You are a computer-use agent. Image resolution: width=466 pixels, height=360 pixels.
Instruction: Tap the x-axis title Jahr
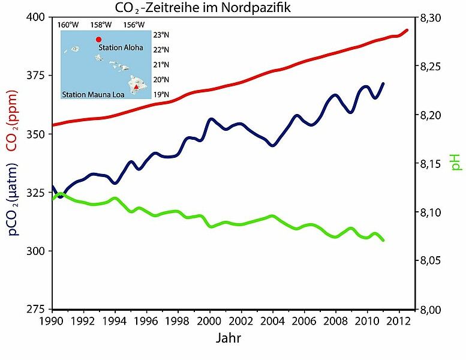[229, 339]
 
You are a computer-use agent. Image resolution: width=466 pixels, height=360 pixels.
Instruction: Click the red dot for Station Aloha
[98, 40]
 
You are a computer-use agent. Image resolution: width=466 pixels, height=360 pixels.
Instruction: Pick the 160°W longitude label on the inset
[68, 25]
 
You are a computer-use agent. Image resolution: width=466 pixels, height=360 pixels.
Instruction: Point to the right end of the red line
[408, 30]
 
